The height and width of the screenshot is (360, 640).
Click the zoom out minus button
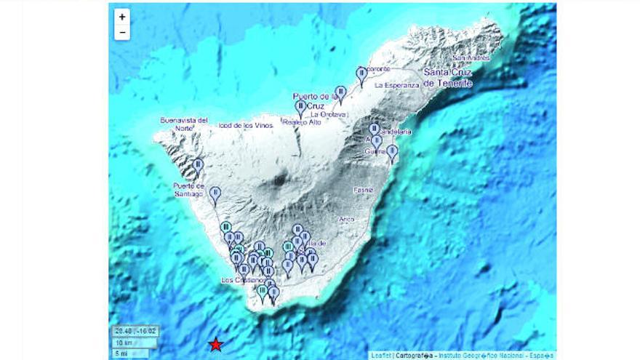coord(122,32)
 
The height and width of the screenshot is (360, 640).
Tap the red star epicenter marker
coord(215,344)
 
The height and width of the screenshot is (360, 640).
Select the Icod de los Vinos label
coord(245,125)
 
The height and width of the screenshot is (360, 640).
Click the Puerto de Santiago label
coord(188,189)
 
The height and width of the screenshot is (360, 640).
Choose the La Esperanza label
coord(397,85)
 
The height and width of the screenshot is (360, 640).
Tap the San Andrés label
coord(471,57)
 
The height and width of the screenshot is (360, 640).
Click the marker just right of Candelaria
coord(392,153)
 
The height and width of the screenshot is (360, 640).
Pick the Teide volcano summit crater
coord(280,180)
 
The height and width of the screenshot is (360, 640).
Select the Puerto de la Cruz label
coord(316,100)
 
